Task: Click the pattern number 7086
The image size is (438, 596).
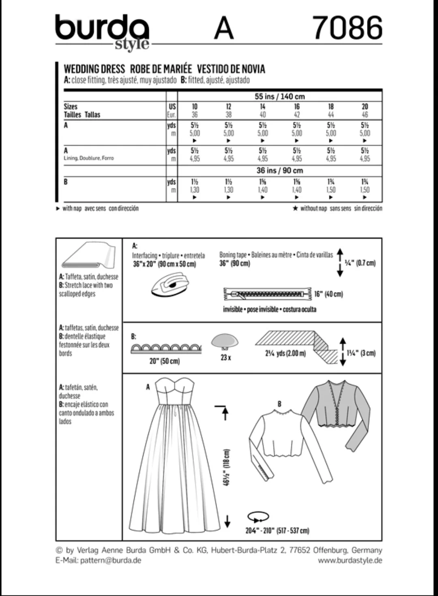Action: point(348,28)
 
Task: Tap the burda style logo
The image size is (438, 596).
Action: point(102,32)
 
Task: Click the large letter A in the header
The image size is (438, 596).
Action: point(224,28)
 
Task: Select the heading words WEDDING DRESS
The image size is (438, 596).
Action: point(94,69)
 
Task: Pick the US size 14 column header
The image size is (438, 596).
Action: point(262,107)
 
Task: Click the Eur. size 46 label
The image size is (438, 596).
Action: point(365,115)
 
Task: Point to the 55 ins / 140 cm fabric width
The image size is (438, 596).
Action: point(280,96)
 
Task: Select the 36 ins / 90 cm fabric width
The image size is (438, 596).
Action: point(280,170)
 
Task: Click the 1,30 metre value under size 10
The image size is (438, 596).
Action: point(195,190)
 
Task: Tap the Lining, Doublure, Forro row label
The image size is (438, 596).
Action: point(89,158)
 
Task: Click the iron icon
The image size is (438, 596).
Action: point(170,284)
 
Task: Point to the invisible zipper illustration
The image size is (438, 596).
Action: point(267,294)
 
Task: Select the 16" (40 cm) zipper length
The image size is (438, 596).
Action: point(328,294)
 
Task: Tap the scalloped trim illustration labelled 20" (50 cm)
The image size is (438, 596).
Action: point(166,349)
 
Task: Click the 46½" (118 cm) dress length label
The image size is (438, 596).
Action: point(226,468)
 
